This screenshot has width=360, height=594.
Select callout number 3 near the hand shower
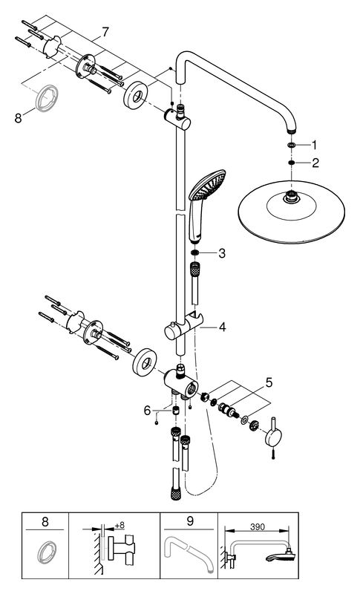pyautogui.click(x=221, y=254)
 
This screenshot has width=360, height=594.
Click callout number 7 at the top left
pyautogui.click(x=105, y=32)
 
